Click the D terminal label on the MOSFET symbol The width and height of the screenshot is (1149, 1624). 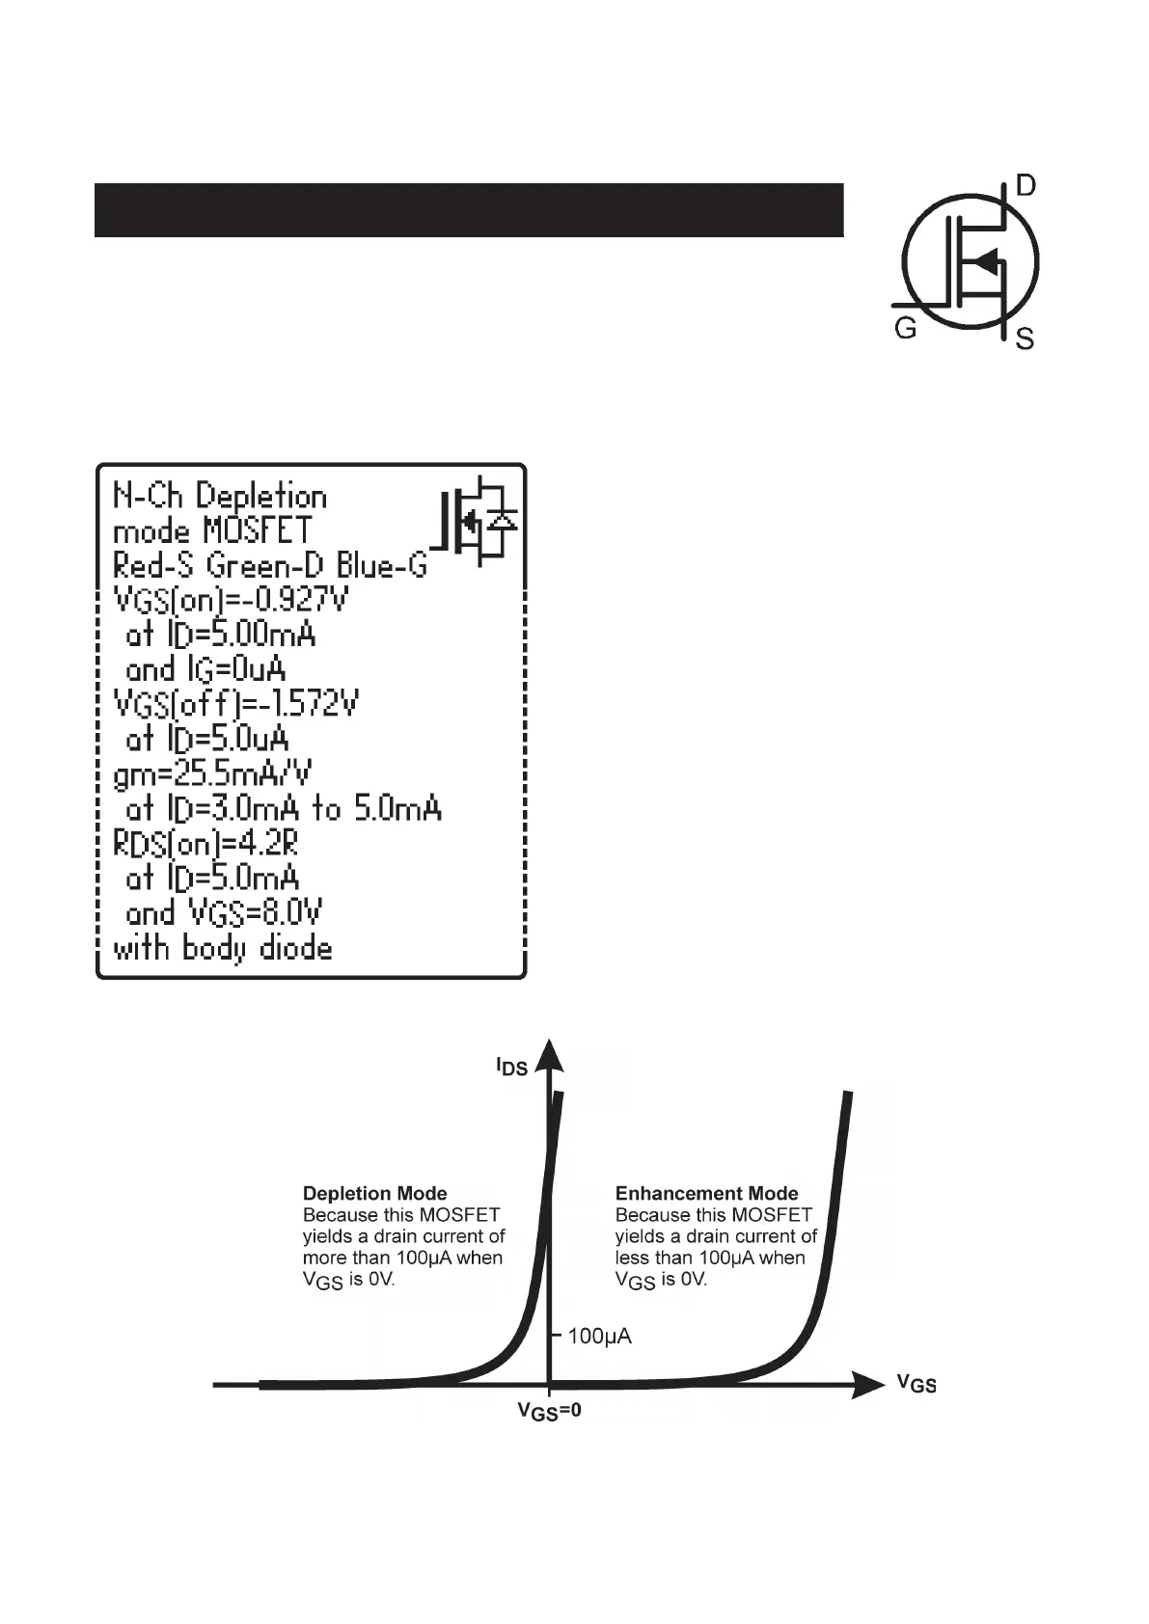[x=1026, y=185]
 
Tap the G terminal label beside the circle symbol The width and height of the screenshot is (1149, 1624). [x=905, y=330]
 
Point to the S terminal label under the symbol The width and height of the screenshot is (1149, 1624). [x=1026, y=339]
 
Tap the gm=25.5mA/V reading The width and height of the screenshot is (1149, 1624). [x=213, y=773]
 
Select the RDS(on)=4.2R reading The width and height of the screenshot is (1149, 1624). [x=206, y=844]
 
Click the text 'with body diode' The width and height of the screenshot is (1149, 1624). [x=223, y=948]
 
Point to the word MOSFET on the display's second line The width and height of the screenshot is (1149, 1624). [x=258, y=530]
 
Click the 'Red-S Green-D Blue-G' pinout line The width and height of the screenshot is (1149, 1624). [x=270, y=565]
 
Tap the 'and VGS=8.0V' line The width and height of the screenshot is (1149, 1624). [x=224, y=912]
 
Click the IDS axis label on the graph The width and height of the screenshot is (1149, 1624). [x=511, y=1067]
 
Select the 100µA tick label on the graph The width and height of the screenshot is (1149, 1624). [x=599, y=1337]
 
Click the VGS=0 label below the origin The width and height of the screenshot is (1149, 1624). [x=549, y=1413]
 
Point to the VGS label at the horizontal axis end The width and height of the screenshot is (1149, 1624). [x=916, y=1385]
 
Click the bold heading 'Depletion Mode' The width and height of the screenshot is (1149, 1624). [x=375, y=1194]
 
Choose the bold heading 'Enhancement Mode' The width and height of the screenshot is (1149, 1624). [x=707, y=1194]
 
